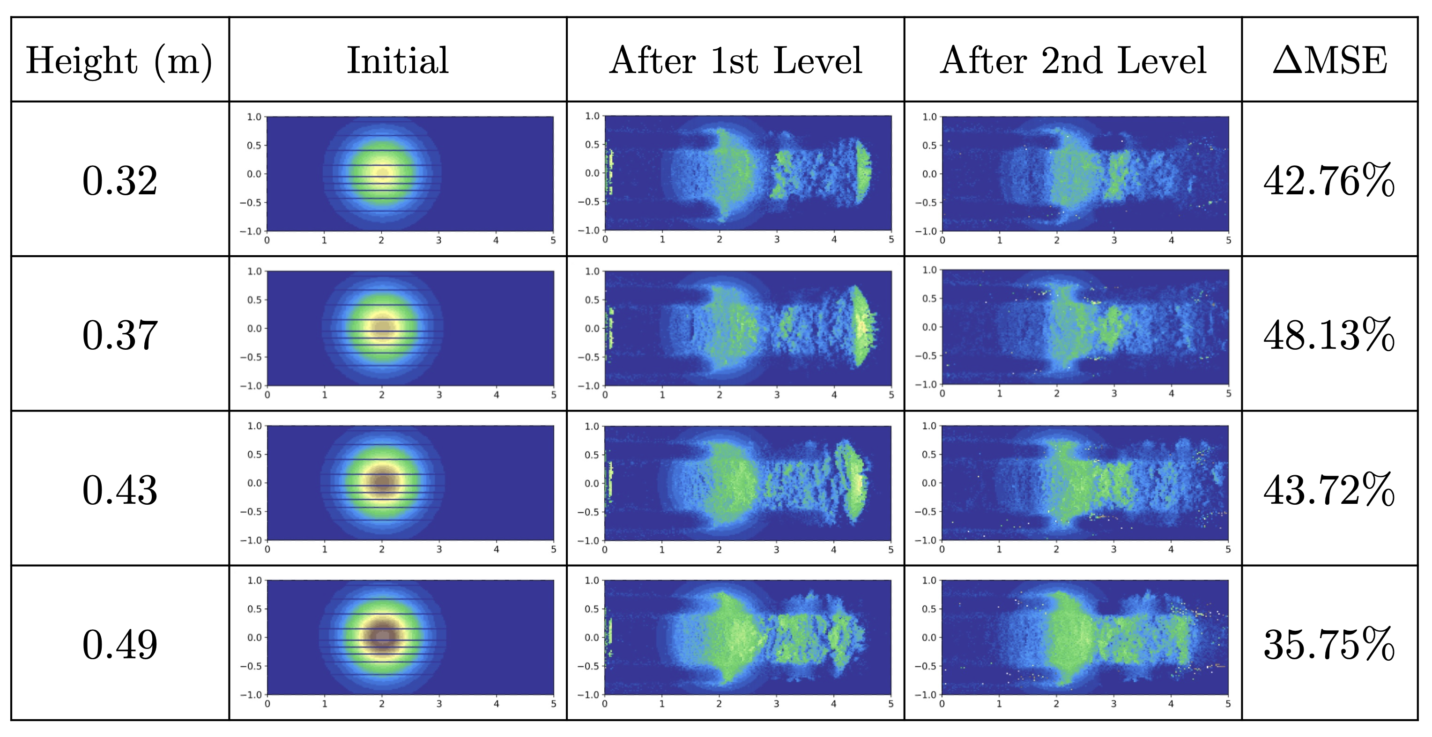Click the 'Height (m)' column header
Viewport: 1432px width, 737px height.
click(119, 60)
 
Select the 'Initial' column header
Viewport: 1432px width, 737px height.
click(398, 60)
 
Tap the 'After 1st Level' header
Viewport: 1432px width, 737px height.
click(735, 60)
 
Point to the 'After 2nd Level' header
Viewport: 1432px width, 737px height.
click(1073, 60)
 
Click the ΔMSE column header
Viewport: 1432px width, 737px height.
click(1330, 60)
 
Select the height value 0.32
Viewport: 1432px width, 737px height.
click(119, 181)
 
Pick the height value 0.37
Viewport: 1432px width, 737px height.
click(119, 335)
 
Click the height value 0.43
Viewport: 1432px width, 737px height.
click(119, 490)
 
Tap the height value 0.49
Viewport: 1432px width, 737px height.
click(119, 644)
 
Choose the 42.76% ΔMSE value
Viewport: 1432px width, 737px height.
click(1328, 181)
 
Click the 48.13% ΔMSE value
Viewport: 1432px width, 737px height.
click(1328, 335)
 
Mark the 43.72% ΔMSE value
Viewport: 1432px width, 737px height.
click(1328, 490)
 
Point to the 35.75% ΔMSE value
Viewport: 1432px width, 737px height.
click(1328, 644)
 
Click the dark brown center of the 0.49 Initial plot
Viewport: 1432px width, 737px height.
click(382, 637)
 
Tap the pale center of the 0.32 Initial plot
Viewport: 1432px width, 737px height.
click(382, 173)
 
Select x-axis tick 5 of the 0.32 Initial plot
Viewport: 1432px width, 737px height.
click(553, 241)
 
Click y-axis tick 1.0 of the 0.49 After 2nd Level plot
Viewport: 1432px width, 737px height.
click(929, 580)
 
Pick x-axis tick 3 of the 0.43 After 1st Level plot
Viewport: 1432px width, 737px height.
click(776, 550)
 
